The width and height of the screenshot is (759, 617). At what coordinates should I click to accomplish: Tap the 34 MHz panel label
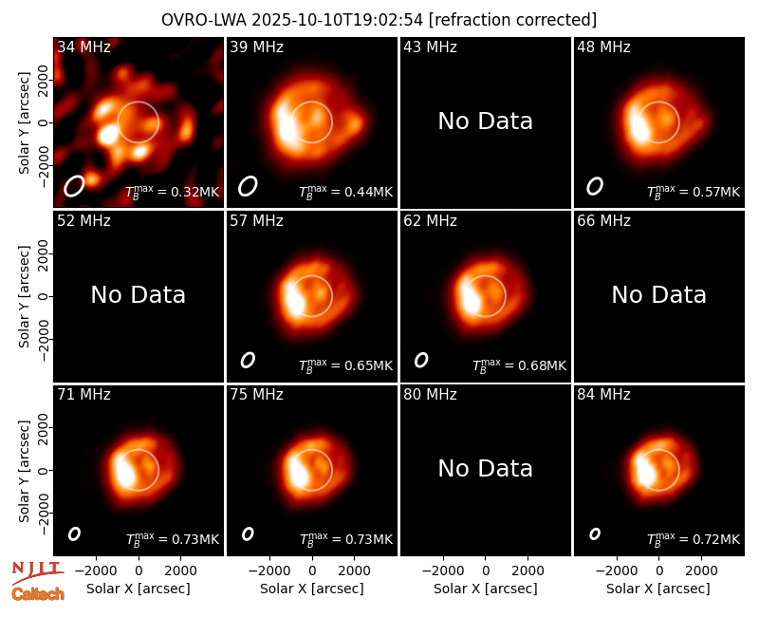(x=83, y=47)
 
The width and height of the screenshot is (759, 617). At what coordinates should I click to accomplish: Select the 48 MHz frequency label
(x=603, y=47)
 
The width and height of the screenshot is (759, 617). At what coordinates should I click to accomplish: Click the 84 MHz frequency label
(x=603, y=395)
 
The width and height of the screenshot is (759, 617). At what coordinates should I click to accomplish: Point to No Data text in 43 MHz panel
(x=486, y=122)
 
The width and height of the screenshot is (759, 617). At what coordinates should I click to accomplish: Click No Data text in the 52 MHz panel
(x=138, y=295)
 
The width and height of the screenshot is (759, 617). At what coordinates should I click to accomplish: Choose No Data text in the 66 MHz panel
(x=658, y=295)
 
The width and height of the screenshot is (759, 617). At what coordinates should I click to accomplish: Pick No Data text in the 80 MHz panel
(x=486, y=469)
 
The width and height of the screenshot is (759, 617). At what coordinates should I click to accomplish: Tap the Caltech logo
(x=38, y=594)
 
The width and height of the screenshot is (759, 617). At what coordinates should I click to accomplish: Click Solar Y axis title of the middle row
(x=25, y=296)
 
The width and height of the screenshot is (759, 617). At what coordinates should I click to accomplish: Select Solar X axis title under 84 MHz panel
(x=658, y=589)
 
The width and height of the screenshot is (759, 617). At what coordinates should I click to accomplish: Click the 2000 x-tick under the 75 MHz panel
(x=354, y=570)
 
